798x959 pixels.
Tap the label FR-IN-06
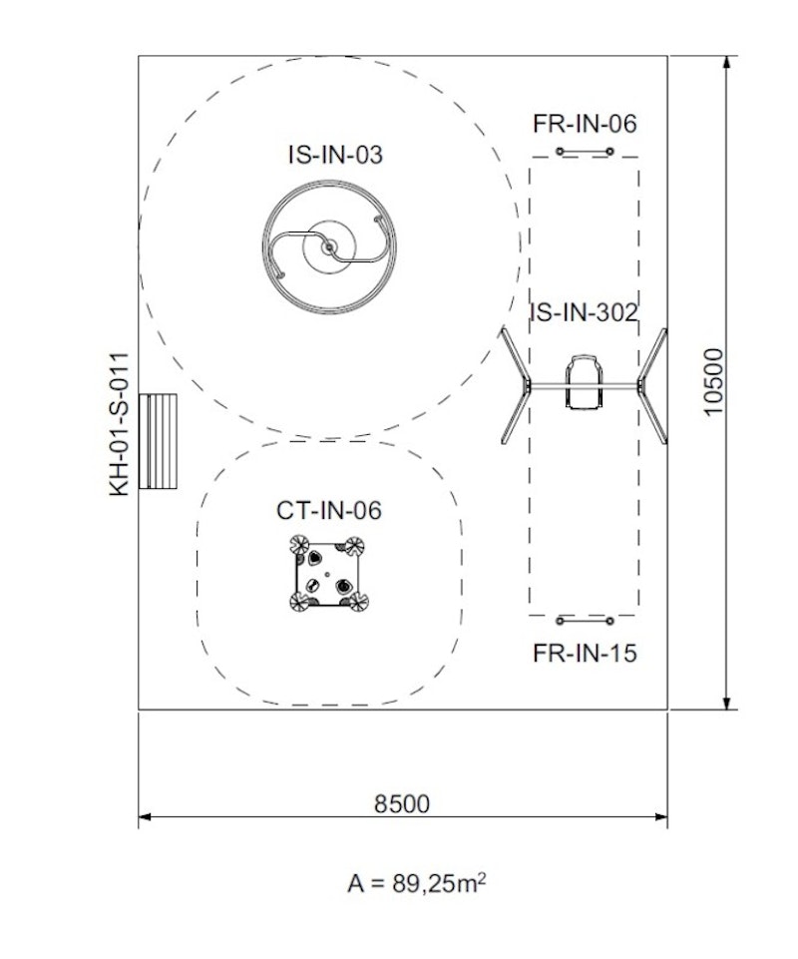pyautogui.click(x=585, y=125)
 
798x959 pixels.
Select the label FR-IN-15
pyautogui.click(x=585, y=654)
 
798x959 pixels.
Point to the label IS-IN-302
pyautogui.click(x=585, y=312)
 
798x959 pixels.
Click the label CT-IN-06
pyautogui.click(x=329, y=511)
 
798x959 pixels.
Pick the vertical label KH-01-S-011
pyautogui.click(x=121, y=423)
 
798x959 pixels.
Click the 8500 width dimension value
pyautogui.click(x=402, y=803)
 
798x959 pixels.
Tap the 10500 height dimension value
pyautogui.click(x=712, y=382)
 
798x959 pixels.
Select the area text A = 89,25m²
pyautogui.click(x=418, y=883)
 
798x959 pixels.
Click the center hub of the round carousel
pyautogui.click(x=328, y=246)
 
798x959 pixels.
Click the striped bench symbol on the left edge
pyautogui.click(x=158, y=441)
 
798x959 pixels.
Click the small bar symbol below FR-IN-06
pyautogui.click(x=585, y=152)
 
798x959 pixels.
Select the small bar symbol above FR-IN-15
pyautogui.click(x=585, y=621)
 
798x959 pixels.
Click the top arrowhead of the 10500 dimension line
pyautogui.click(x=729, y=62)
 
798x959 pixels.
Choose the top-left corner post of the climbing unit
pyautogui.click(x=299, y=545)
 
